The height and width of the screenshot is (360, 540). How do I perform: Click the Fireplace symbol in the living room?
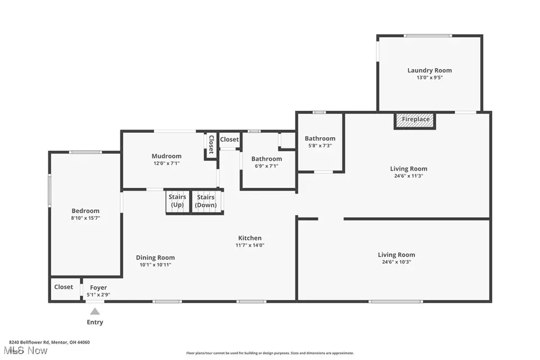415,120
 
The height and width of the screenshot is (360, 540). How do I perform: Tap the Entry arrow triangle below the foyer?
95,312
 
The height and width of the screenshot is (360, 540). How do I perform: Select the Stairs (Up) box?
178,201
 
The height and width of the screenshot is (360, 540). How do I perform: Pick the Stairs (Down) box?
206,201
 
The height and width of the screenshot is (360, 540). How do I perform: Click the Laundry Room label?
429,70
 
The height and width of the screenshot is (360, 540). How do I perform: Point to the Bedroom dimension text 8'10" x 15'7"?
85,218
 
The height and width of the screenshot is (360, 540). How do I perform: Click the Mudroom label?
166,156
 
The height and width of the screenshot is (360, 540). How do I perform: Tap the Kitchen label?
248,238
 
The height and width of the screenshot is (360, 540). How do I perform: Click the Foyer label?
98,287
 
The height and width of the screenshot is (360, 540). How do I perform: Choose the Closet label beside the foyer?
64,287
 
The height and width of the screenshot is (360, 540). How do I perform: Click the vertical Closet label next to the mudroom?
211,145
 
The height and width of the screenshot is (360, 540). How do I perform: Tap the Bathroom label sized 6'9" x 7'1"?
267,159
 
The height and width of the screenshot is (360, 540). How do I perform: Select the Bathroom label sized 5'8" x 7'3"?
319,138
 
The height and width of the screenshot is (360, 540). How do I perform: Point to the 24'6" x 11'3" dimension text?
408,175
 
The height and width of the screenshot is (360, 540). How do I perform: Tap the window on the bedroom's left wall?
49,191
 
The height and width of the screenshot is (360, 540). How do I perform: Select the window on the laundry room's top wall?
427,37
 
